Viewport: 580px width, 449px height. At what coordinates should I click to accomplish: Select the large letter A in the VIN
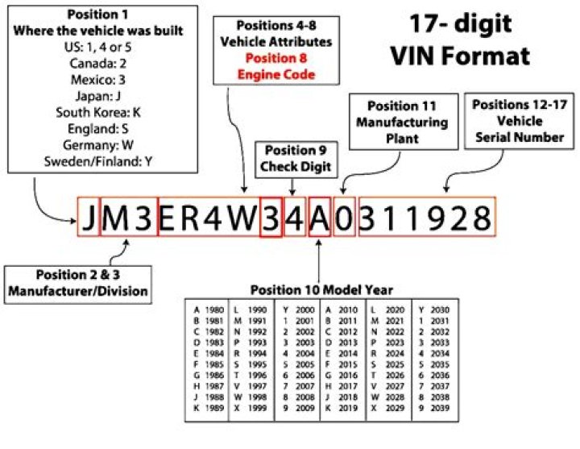320,218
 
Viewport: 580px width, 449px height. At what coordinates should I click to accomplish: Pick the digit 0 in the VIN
344,218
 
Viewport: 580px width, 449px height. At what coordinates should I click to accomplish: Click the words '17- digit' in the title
459,23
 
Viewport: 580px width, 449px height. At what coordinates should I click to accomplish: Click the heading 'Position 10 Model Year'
321,289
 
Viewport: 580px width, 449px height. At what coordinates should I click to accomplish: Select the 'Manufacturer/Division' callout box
78,284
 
